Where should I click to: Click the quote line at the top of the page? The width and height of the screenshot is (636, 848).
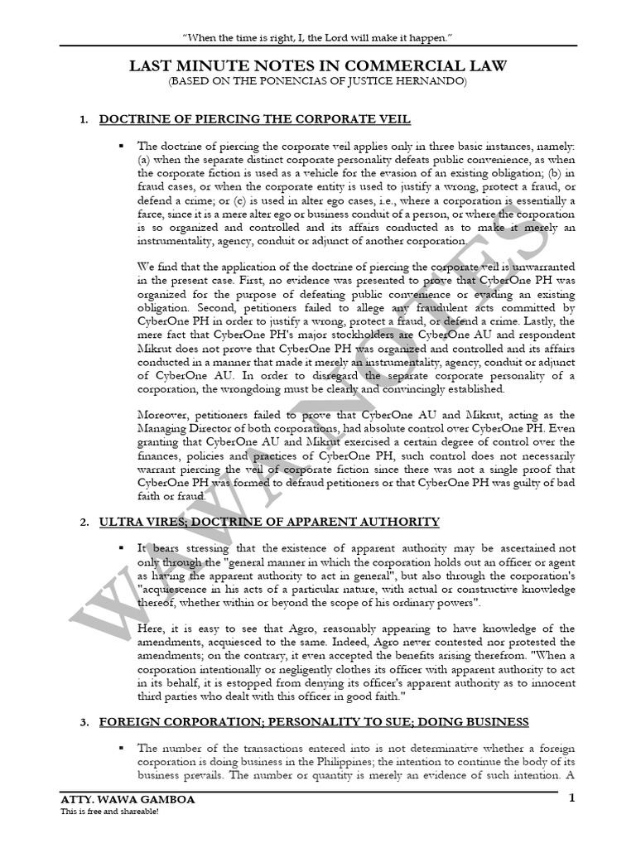(317, 39)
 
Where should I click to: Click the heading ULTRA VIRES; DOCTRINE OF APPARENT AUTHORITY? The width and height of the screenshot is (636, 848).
(269, 522)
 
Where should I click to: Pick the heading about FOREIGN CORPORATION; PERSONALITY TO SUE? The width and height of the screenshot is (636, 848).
(314, 722)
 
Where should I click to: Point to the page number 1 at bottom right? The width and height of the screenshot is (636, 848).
(571, 798)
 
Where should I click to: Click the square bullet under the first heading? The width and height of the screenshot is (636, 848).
(120, 146)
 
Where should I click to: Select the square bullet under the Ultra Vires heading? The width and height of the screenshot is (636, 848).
(120, 548)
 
